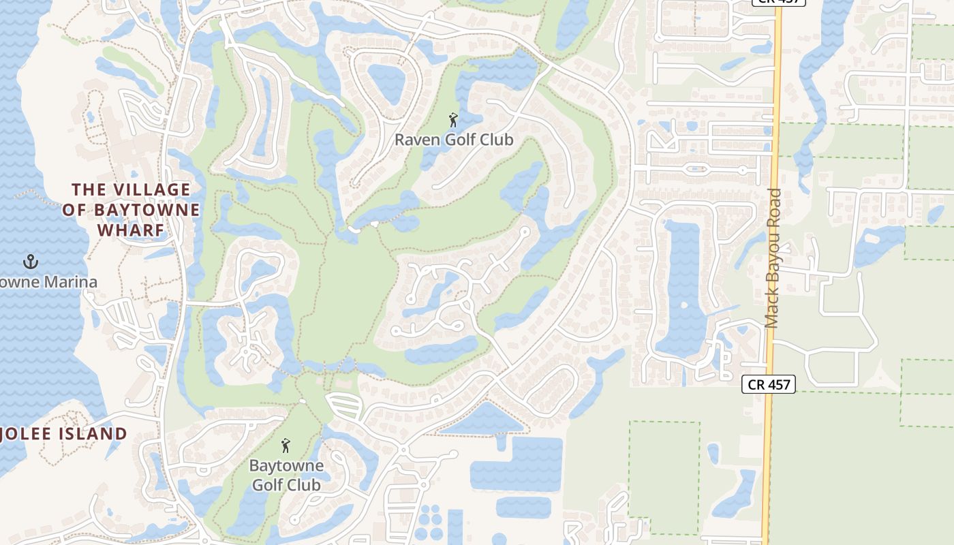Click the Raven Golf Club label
coord(454,140)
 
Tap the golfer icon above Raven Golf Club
coord(453,121)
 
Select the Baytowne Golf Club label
coord(286,476)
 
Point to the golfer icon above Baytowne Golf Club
coord(286,446)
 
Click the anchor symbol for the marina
coord(30,261)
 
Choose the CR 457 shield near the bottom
coord(769,384)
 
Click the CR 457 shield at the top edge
coord(778,2)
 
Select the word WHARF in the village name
coord(132,230)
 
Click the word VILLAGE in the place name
coord(151,189)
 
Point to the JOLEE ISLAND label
coord(64,434)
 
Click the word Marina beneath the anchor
coord(72,282)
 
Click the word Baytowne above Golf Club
coord(286,467)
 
